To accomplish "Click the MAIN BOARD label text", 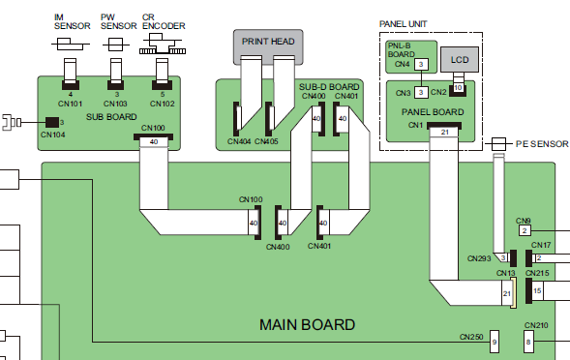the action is click(307, 325).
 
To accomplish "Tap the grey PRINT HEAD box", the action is click(268, 43).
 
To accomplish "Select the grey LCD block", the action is click(460, 60).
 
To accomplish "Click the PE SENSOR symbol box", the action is click(498, 144).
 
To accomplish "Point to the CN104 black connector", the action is click(52, 123).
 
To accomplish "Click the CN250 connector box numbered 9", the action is click(495, 342).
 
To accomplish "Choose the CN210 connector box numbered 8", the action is click(528, 342).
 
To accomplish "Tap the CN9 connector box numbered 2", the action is click(525, 230).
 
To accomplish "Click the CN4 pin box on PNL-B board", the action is click(421, 65).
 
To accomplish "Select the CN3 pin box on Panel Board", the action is click(421, 92).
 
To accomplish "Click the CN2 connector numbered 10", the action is click(458, 88).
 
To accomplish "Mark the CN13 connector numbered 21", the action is click(509, 293).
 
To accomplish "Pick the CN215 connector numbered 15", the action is click(534, 290).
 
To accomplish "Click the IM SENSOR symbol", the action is click(70, 45).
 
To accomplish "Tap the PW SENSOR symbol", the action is click(116, 45).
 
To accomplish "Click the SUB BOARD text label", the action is click(111, 117).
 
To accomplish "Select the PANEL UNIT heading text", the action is click(403, 24).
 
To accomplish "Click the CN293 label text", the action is click(479, 258).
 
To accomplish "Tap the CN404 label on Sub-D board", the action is click(239, 141).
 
